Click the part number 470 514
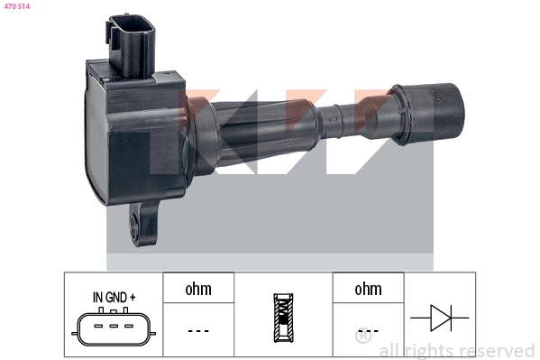coord(17,7)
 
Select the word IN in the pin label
coord(97,296)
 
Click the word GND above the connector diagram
coord(116,296)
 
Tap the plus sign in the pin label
coord(133,296)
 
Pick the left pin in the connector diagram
coord(96,327)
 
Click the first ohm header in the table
coord(198,289)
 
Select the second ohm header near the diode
coord(368,289)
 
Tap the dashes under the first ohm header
coord(198,330)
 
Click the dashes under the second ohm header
coord(368,330)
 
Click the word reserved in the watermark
coord(495,350)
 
